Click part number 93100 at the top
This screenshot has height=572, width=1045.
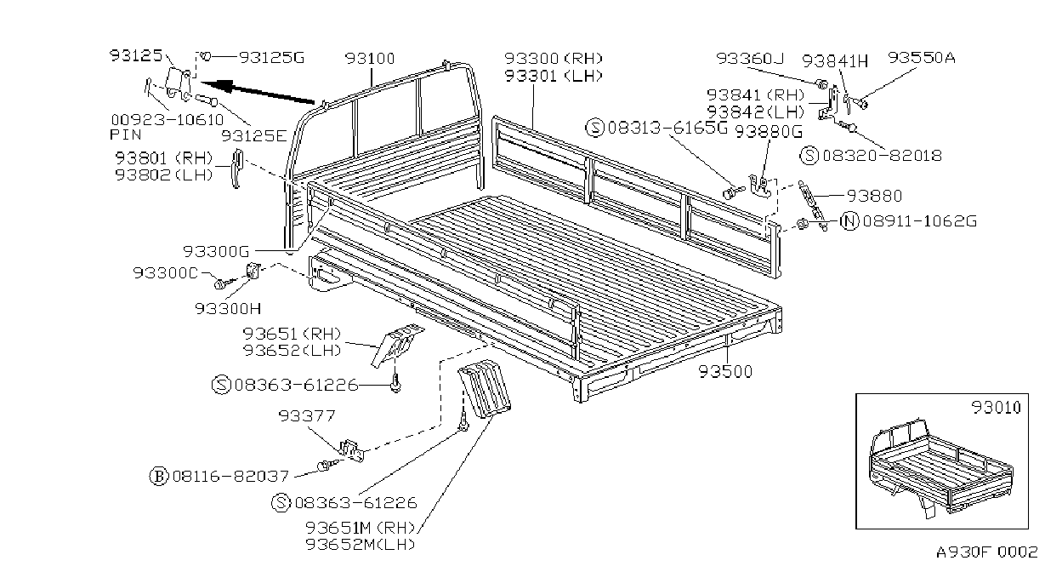(x=370, y=59)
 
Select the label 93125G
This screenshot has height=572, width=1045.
(x=272, y=57)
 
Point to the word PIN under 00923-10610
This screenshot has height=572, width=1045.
(x=126, y=134)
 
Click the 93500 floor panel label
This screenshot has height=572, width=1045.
(x=725, y=372)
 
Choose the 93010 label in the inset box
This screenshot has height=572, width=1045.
(x=996, y=408)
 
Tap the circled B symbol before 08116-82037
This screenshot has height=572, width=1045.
(x=158, y=477)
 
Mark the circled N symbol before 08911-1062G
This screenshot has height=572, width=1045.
(x=849, y=220)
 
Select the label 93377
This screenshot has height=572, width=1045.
(x=307, y=415)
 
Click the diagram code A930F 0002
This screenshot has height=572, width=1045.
(x=987, y=552)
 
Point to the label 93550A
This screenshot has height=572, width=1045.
(x=922, y=57)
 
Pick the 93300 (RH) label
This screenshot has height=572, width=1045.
(x=554, y=59)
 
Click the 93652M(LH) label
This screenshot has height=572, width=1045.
(x=361, y=545)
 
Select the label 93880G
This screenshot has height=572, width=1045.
(x=769, y=132)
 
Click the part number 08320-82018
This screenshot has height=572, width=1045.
(x=883, y=156)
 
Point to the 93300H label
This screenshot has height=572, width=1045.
(x=228, y=309)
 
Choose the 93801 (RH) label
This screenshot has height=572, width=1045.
(x=164, y=158)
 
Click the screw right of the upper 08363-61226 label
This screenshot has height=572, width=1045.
(x=395, y=382)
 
